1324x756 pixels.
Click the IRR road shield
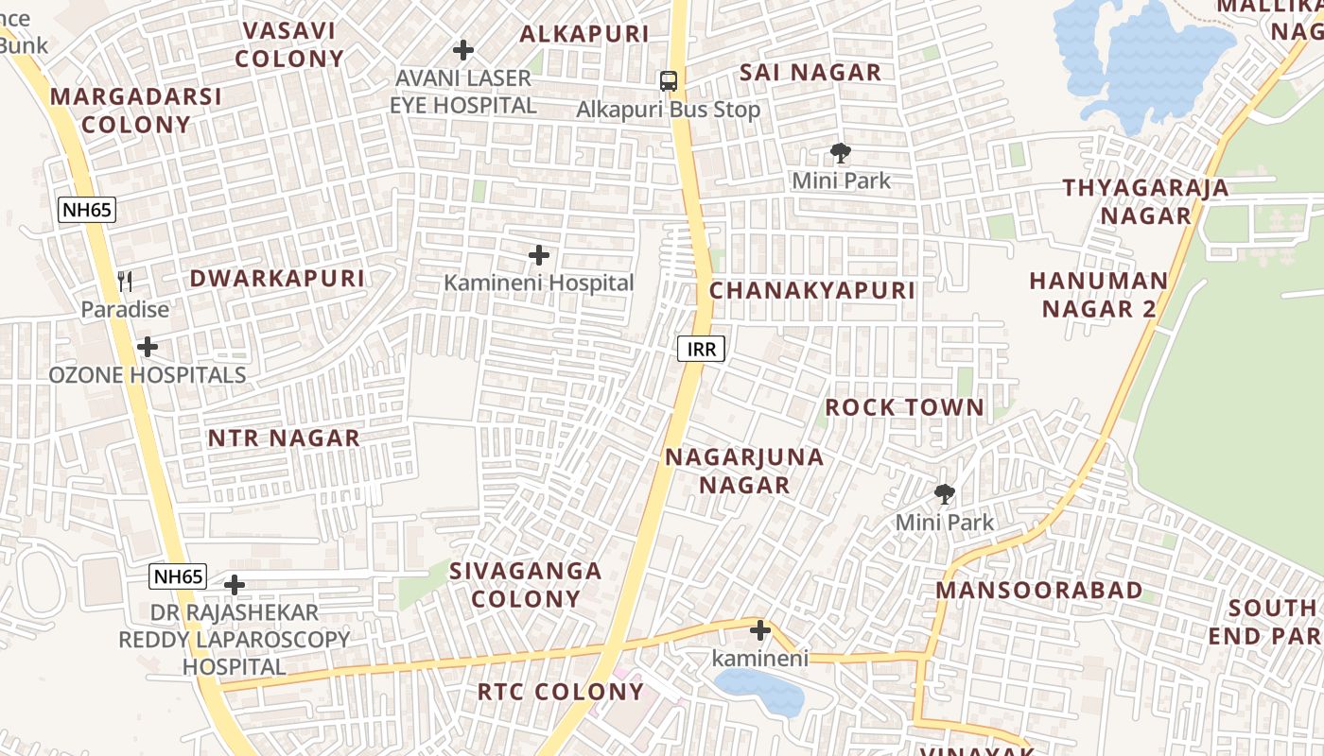701,350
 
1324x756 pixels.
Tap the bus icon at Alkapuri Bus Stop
669,81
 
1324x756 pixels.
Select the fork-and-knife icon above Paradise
125,281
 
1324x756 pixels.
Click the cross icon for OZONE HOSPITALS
148,347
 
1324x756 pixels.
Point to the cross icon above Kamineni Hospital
539,255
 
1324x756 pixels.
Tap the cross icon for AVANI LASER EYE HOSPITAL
463,49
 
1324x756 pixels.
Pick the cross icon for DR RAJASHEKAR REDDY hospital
235,585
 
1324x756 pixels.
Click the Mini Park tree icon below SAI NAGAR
840,152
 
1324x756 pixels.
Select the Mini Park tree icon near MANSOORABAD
944,493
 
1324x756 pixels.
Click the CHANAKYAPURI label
812,290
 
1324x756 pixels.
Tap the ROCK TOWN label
905,408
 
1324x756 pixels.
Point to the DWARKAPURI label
277,279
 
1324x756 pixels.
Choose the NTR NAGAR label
284,438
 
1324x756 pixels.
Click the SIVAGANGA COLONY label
526,585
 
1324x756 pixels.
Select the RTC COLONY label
560,692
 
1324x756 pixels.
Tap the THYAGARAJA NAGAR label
1145,201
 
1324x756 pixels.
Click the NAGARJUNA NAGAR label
744,472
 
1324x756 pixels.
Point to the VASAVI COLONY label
289,44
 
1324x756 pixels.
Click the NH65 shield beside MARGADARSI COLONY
87,210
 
